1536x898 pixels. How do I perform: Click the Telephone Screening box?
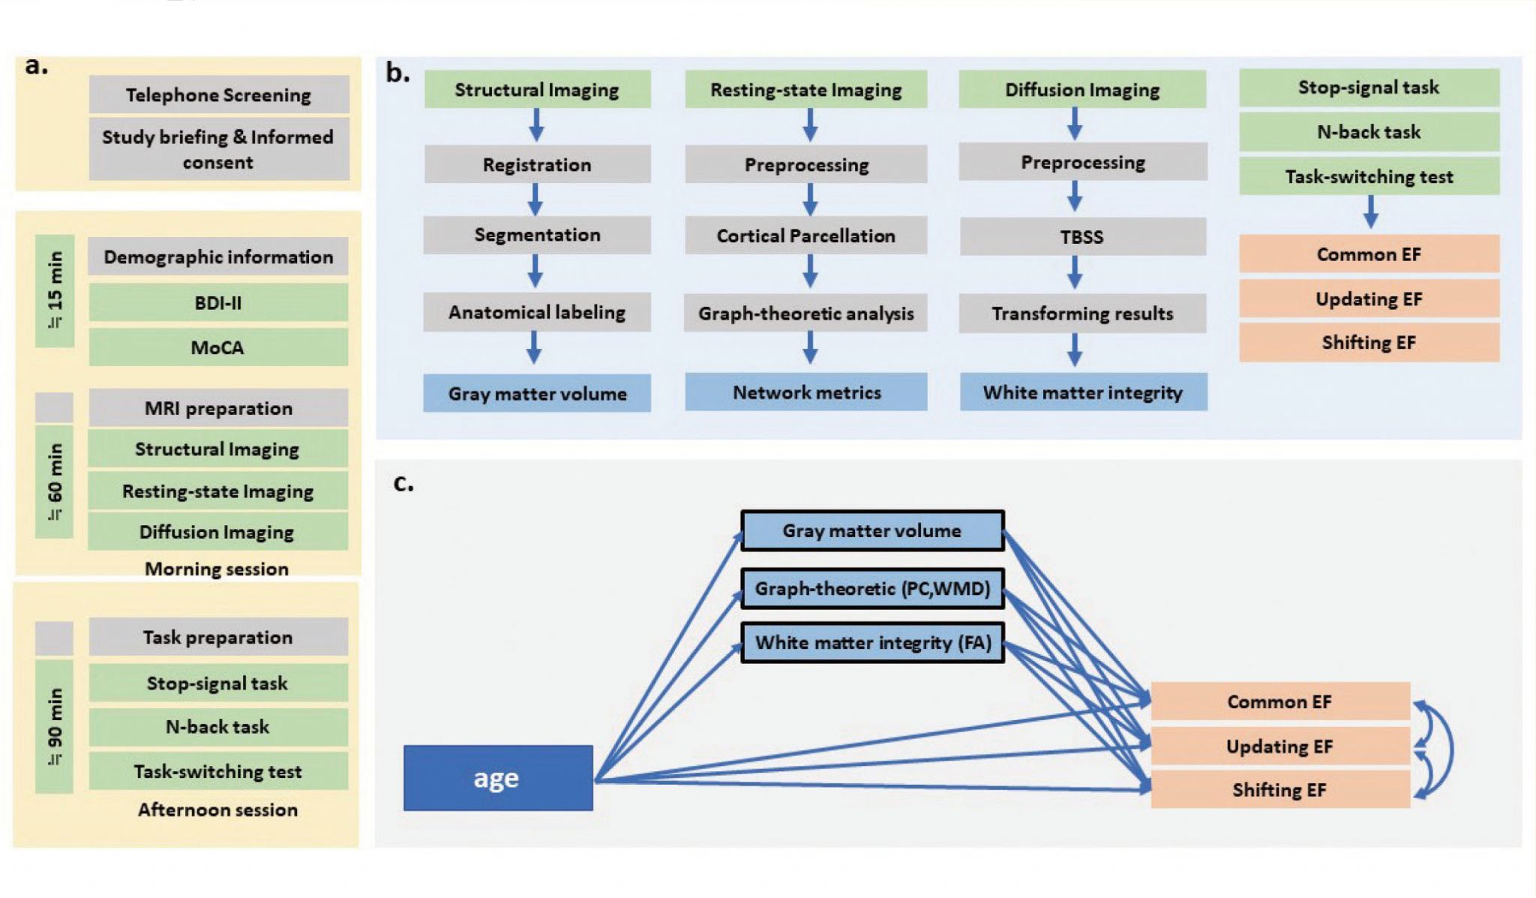coord(218,95)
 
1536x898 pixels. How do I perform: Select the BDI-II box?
coord(218,303)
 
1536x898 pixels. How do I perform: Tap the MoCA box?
coord(218,347)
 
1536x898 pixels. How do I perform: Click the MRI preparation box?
coord(218,408)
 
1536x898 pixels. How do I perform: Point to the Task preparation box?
coord(218,637)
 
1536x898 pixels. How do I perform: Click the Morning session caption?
coord(217,569)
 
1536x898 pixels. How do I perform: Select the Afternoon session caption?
coord(217,809)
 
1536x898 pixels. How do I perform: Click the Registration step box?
coord(537,165)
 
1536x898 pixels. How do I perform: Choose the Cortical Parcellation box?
coord(805,236)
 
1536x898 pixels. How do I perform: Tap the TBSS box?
coord(1082,237)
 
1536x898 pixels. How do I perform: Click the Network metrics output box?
coord(806,392)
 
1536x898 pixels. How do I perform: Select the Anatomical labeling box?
coord(537,313)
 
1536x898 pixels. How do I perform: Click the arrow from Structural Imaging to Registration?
coord(536,125)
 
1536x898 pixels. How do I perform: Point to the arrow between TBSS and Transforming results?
coord(1075,273)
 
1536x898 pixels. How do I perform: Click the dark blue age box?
coord(498,778)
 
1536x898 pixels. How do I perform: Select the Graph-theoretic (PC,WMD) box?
coord(872,588)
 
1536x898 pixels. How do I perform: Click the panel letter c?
coord(403,484)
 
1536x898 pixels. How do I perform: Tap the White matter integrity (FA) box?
coord(872,643)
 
